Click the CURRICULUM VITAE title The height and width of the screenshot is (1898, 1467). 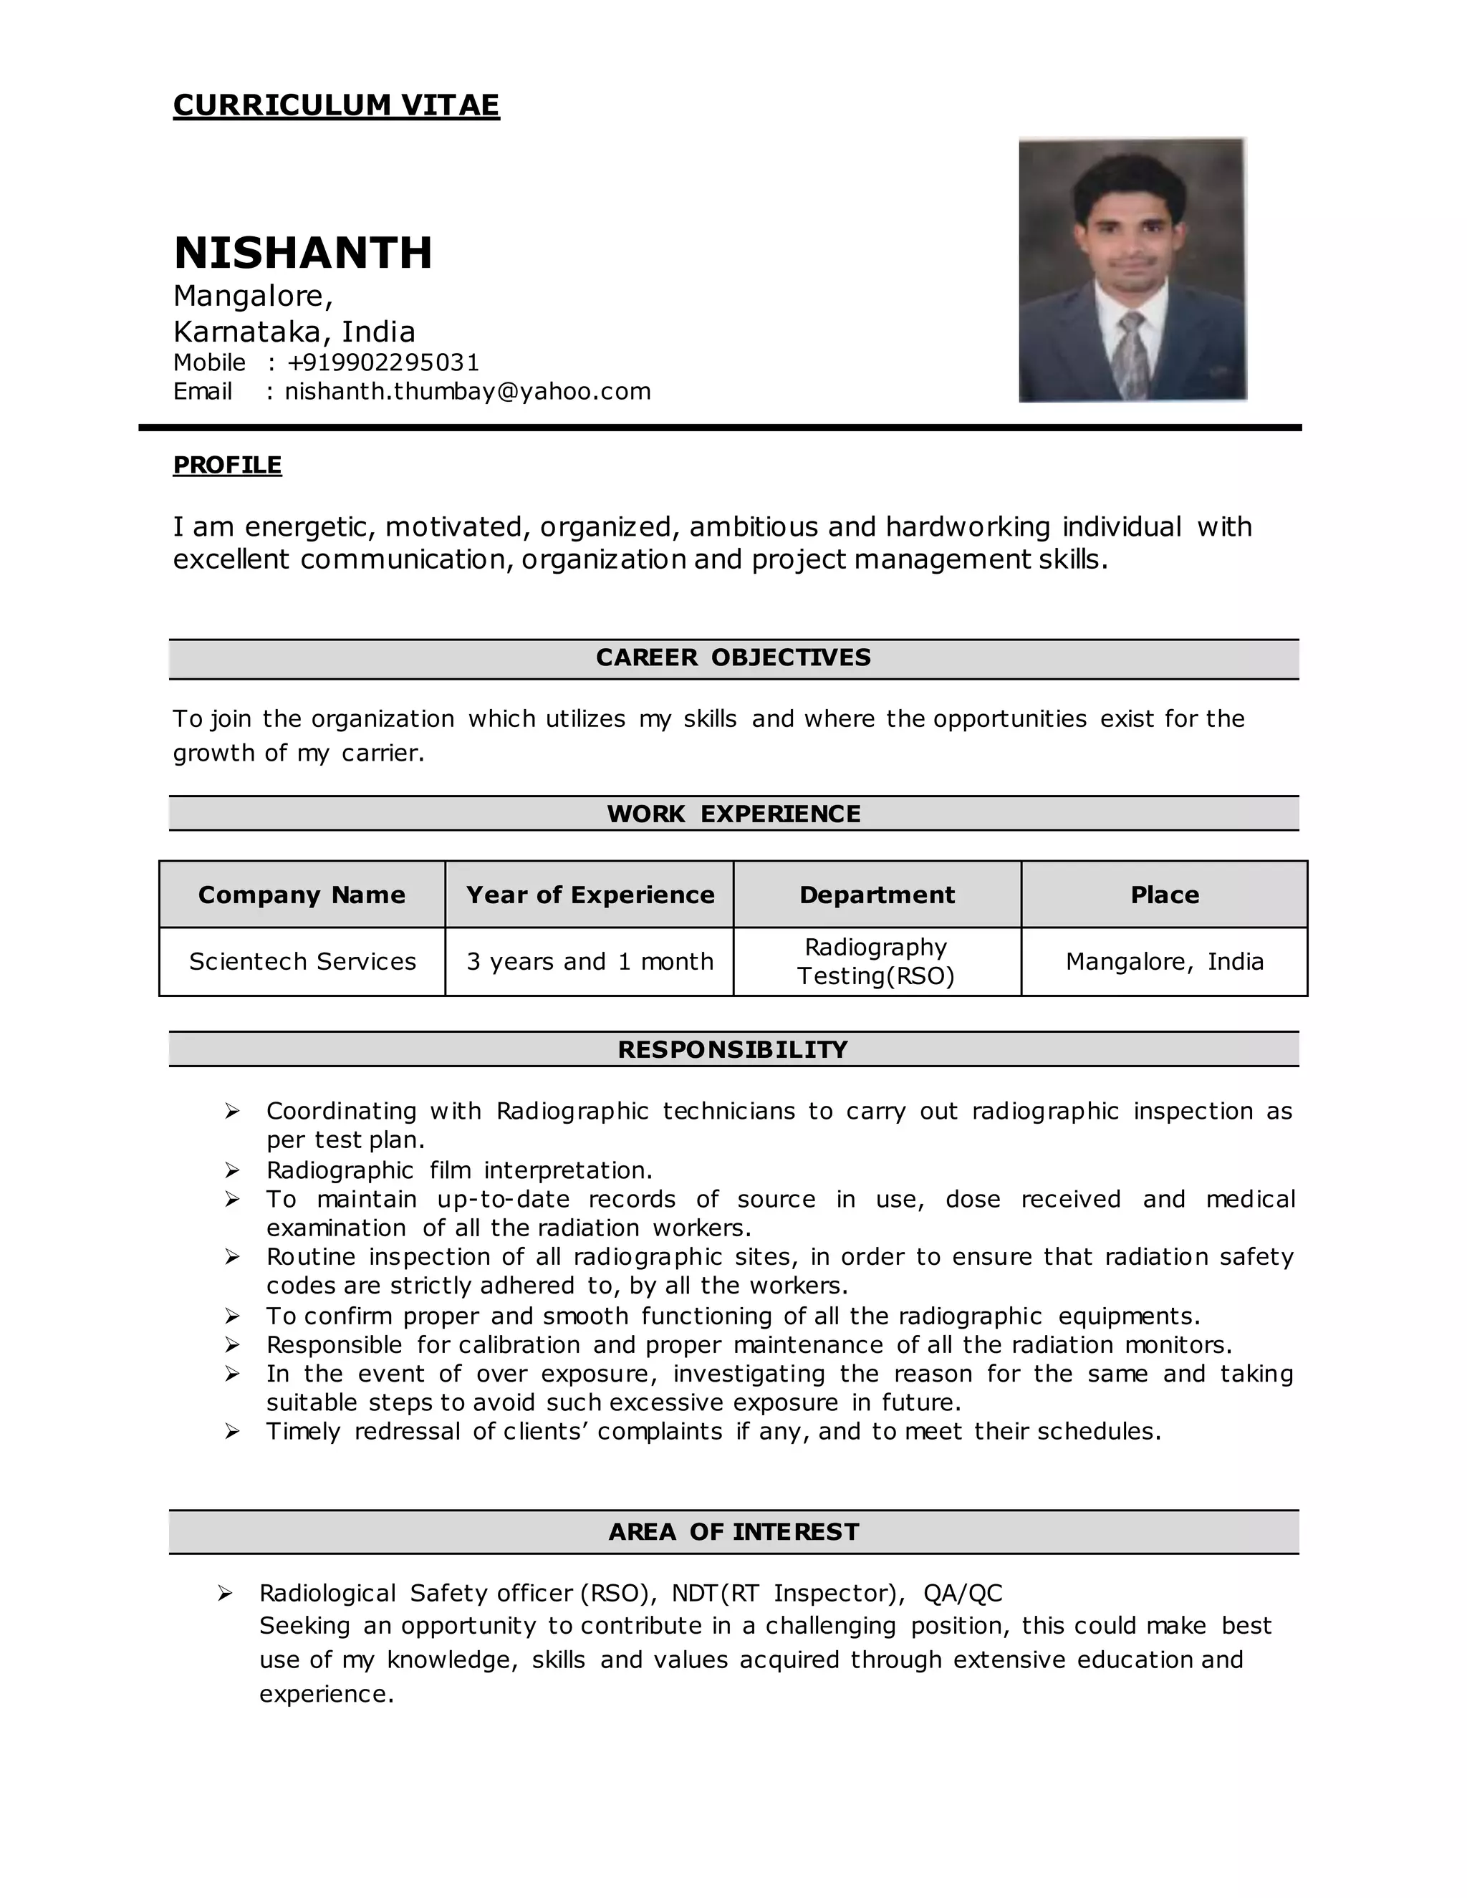point(337,105)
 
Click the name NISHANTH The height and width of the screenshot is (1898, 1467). point(302,253)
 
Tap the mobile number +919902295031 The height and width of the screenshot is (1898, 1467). point(383,362)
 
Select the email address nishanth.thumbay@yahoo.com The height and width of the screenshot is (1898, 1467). point(468,391)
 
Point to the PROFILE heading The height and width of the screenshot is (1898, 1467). point(227,465)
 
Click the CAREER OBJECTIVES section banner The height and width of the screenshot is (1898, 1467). point(733,658)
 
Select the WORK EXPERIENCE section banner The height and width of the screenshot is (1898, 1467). point(733,814)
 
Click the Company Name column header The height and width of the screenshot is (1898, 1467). point(302,895)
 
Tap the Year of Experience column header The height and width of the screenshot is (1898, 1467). point(590,895)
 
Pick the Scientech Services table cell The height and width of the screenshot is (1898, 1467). point(302,962)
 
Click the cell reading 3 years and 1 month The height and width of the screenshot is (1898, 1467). point(590,962)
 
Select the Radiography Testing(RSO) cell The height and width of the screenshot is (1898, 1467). point(876,962)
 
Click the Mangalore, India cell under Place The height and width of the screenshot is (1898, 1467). point(1165,962)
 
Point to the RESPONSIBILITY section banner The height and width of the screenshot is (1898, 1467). point(733,1050)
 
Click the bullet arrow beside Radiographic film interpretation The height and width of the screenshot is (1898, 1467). point(232,1170)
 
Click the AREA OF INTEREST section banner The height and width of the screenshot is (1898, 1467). point(733,1532)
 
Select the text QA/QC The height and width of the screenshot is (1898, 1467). point(963,1594)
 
